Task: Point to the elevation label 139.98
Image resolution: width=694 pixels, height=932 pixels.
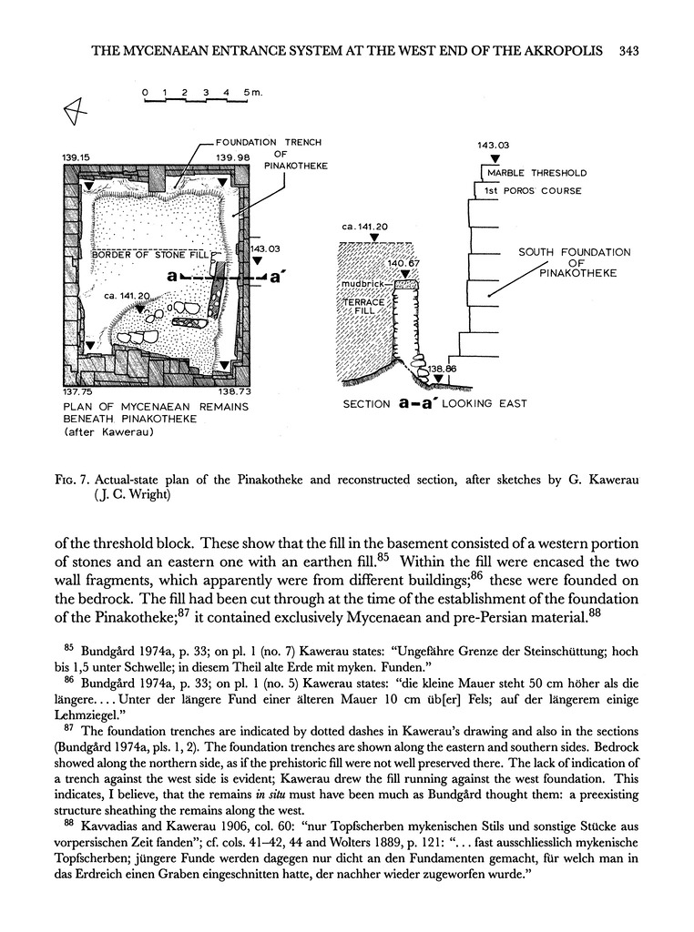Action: [x=233, y=157]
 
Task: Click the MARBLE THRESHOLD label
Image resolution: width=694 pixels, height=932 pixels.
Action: [x=536, y=173]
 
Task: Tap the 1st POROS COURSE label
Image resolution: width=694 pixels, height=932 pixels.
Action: [x=532, y=191]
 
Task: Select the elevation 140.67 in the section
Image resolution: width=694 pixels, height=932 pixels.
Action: [x=402, y=263]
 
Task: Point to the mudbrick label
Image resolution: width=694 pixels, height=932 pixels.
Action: [x=362, y=284]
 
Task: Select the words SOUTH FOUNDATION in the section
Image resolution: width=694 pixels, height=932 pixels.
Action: [x=574, y=252]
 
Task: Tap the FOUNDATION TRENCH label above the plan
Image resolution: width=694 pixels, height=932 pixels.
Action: [x=268, y=142]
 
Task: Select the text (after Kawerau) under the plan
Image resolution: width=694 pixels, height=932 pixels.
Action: [x=107, y=433]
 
